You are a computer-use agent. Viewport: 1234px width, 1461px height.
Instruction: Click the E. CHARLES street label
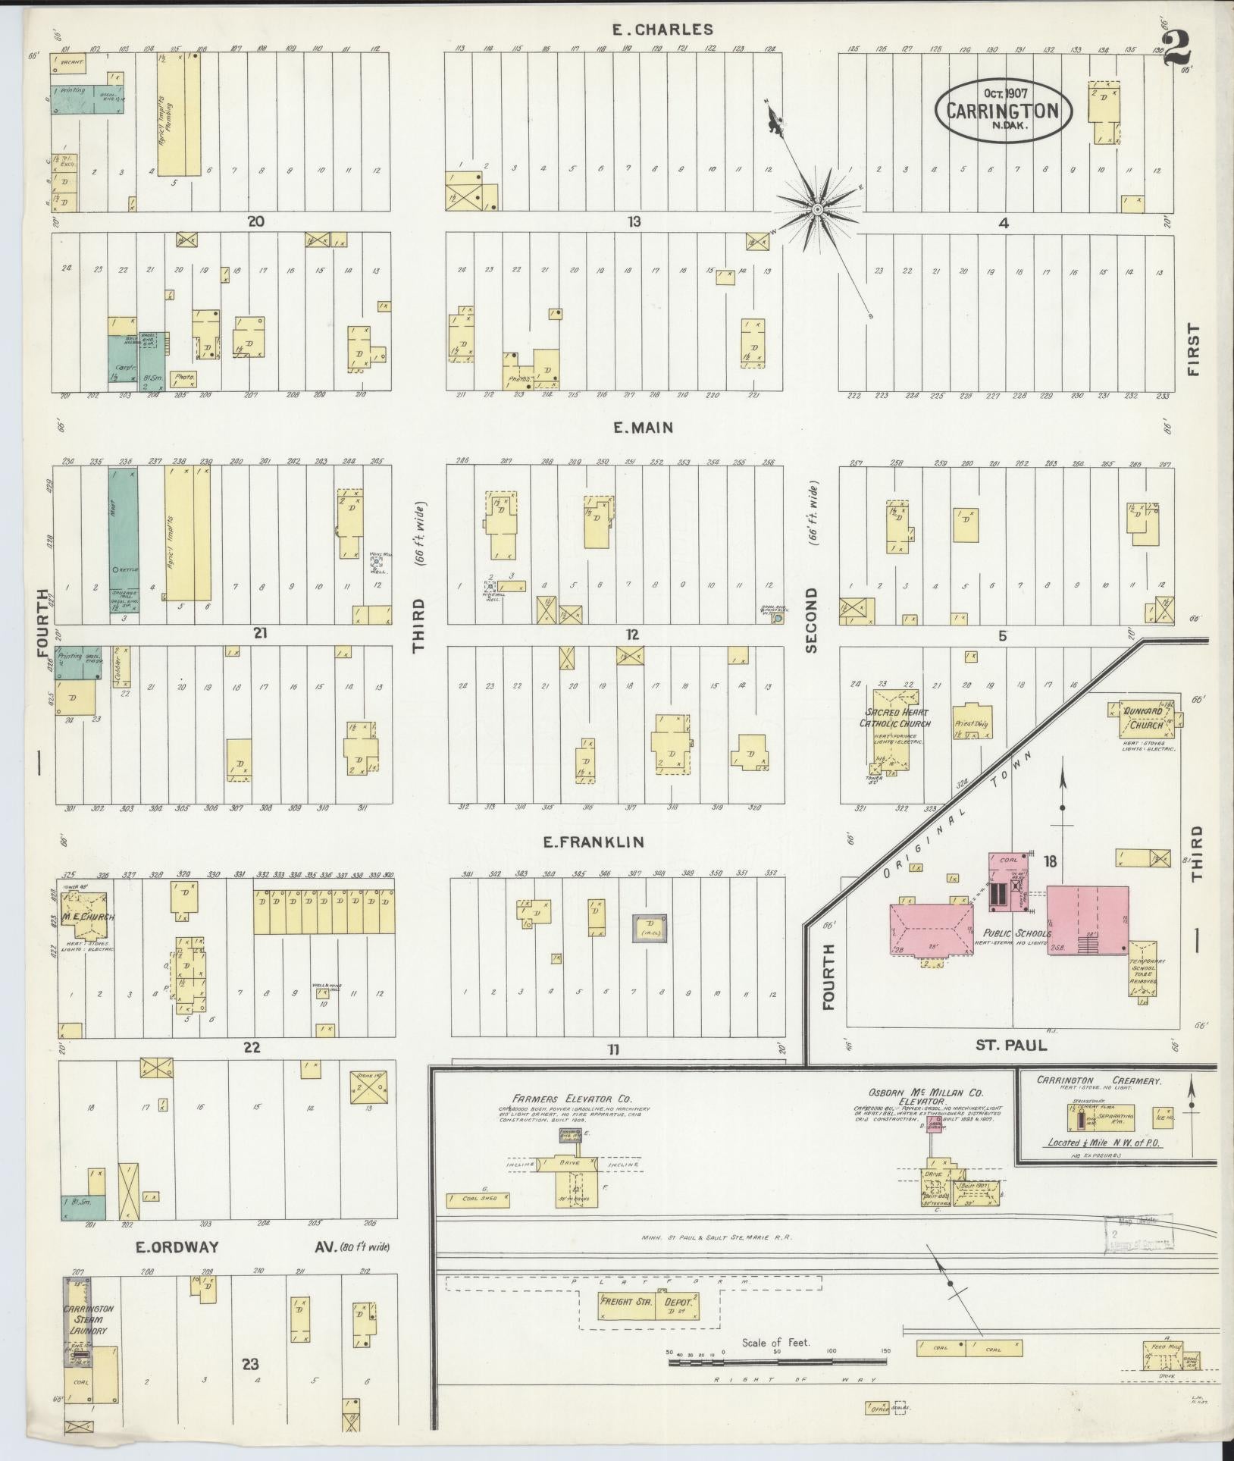662,30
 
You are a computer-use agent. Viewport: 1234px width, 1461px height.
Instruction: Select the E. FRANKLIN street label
593,842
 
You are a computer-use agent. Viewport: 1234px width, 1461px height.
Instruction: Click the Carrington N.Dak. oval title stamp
1007,109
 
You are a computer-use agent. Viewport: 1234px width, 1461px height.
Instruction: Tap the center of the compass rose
818,208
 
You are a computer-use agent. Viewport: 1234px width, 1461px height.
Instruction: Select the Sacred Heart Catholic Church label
894,718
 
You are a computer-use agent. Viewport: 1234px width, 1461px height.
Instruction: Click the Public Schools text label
1016,933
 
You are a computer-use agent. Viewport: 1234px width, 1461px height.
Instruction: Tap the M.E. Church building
87,916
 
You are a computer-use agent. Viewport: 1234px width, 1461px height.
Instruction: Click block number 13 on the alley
634,221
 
